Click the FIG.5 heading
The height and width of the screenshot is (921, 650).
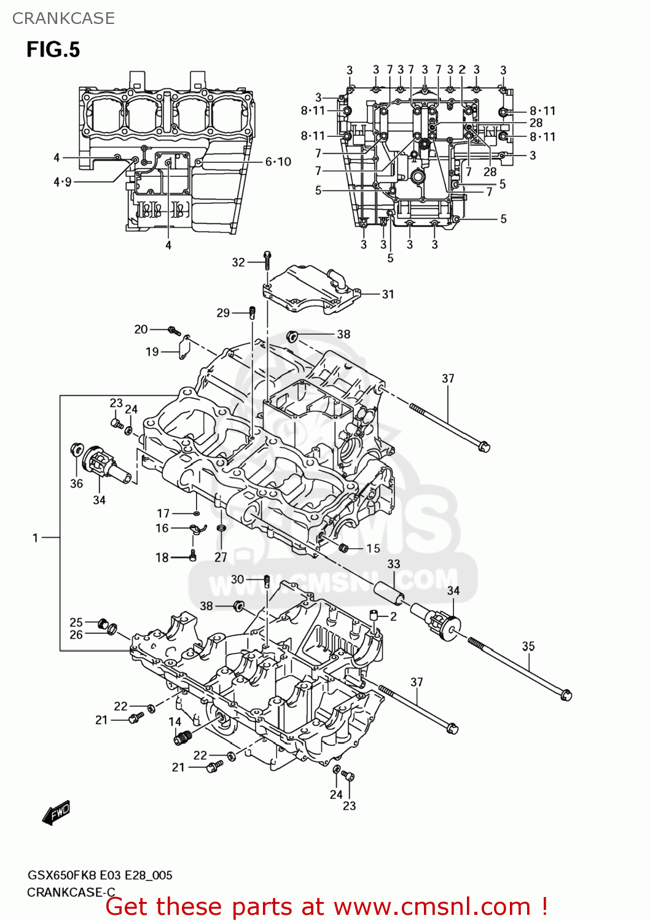(53, 50)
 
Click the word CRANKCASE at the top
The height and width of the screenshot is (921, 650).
(63, 18)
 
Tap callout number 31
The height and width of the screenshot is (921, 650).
(388, 294)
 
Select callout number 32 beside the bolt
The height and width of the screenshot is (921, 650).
(238, 262)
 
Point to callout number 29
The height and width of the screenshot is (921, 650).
(223, 313)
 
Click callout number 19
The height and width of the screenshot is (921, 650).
(152, 352)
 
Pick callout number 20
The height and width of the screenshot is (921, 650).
(141, 329)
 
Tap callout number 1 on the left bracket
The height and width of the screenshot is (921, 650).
(36, 538)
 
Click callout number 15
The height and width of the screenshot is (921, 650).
(374, 548)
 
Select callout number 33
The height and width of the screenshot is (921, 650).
(394, 564)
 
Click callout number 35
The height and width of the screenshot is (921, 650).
(528, 646)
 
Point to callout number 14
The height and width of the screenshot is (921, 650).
(175, 722)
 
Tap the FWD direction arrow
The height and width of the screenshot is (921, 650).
(57, 812)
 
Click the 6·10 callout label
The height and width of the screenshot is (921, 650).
(278, 161)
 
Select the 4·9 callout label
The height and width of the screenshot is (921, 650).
(63, 182)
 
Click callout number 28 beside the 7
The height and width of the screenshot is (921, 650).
(490, 172)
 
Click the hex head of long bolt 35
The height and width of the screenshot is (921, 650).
(566, 694)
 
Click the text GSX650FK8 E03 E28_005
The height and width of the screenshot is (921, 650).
(100, 875)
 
